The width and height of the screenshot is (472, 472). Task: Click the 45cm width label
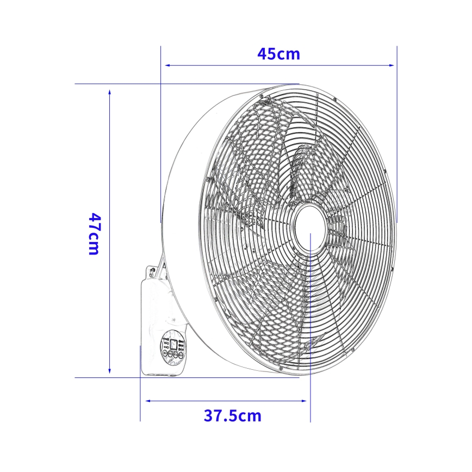click(278, 54)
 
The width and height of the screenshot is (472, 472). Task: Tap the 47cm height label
click(94, 234)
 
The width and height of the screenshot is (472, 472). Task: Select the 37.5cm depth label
click(233, 416)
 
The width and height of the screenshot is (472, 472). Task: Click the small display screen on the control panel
click(173, 344)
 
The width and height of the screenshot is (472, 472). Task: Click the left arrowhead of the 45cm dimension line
click(167, 65)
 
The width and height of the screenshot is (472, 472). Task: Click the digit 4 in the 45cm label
click(263, 54)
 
